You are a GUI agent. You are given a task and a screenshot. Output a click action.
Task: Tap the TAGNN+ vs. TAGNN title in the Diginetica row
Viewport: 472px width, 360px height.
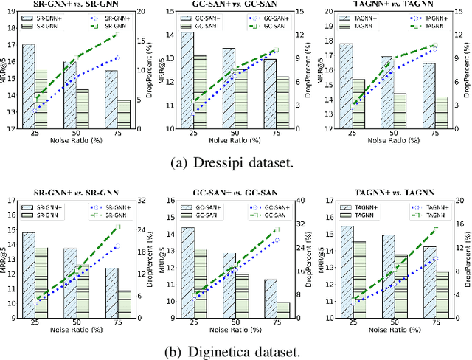pos(392,193)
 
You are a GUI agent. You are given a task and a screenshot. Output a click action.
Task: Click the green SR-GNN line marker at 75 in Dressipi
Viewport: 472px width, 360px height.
pos(117,35)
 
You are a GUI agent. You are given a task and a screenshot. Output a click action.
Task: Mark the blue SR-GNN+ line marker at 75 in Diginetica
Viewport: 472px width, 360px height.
pos(117,246)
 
